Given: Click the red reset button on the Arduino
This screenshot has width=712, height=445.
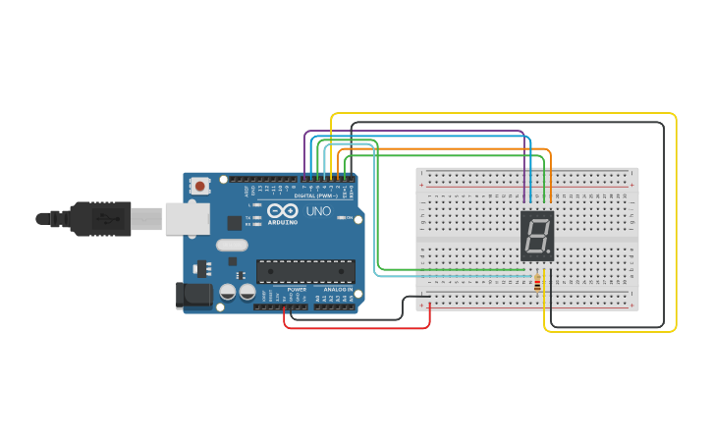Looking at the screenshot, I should pos(200,185).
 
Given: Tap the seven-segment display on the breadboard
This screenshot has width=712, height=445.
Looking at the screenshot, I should pos(537,235).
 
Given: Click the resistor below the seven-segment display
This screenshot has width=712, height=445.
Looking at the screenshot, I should pos(536,283).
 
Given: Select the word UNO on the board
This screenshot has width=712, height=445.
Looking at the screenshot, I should pos(318,211).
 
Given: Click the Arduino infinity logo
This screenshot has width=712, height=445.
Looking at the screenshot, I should pos(283,210).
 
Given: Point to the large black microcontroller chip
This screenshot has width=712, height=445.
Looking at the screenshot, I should pos(305,271).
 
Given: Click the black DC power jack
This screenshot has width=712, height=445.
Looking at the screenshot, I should pos(192,295).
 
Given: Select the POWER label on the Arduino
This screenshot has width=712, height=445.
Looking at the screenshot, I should pos(298,290).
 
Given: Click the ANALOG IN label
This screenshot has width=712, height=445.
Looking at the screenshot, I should pos(339,290).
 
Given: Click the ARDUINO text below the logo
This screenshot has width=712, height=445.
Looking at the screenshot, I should pos(283,221).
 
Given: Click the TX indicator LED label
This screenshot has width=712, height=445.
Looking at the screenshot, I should pos(248,217).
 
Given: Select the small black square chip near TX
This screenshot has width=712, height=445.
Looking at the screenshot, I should pos(234,223).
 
